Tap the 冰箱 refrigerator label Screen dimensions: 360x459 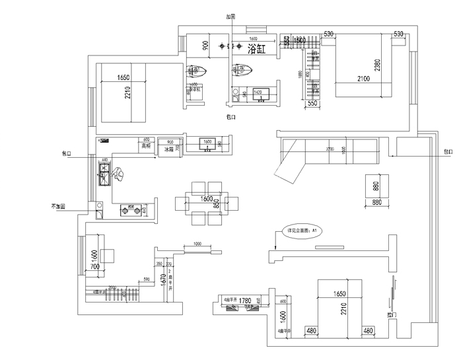170,149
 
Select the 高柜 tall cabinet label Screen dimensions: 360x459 146,146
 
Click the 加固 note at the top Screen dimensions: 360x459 230,17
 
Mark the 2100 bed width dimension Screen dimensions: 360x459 363,79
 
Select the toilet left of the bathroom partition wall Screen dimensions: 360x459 198,72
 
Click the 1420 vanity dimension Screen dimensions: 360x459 258,92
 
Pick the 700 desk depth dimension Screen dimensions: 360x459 94,268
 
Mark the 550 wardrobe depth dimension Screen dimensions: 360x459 312,104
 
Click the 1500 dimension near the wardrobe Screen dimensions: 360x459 299,41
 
